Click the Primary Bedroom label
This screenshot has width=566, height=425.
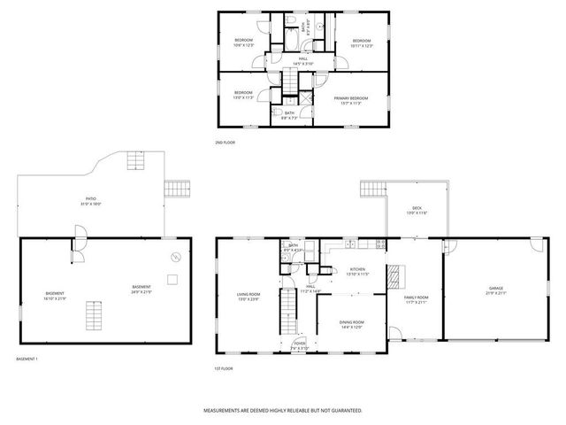tap(352, 100)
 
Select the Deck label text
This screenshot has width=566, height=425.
tap(417, 211)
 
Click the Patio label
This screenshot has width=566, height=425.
tap(91, 201)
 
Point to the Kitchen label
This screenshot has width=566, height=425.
tap(357, 271)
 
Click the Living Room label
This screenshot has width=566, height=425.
tap(248, 296)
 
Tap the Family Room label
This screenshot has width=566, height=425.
tap(416, 299)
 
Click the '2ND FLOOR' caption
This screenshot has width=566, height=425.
tap(225, 142)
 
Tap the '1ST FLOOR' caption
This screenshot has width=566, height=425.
tap(223, 367)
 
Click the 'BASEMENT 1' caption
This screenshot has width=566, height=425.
tap(27, 359)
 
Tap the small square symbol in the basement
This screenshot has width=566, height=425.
tap(172, 280)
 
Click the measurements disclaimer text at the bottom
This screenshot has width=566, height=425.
tap(283, 411)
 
